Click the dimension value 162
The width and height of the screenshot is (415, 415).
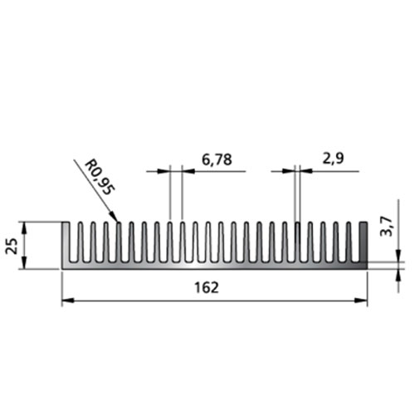coord(207,288)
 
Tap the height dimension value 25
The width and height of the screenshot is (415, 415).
coord(12,246)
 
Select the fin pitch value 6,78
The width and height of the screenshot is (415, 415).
coord(217,159)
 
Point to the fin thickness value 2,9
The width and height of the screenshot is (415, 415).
coord(333,159)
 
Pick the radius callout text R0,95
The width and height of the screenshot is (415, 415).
coord(99,178)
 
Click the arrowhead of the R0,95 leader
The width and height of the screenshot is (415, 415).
coord(114,217)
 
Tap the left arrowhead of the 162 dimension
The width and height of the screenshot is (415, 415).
coord(68,300)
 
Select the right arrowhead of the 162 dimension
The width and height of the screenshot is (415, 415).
coord(361,300)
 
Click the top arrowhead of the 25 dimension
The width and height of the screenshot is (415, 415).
coord(24,227)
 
